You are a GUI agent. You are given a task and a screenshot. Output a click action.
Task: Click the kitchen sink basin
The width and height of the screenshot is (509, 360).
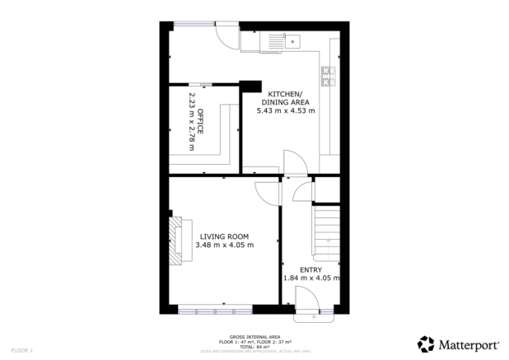click(292, 40)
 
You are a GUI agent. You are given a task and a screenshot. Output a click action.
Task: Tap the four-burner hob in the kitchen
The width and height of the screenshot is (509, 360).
click(327, 76)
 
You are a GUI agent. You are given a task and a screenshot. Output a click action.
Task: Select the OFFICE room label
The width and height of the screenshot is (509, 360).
click(199, 119)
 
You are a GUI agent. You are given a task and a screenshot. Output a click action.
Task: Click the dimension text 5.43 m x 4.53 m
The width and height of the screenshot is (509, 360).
click(286, 110)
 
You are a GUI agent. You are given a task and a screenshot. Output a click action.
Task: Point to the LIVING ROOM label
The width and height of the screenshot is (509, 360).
click(224, 236)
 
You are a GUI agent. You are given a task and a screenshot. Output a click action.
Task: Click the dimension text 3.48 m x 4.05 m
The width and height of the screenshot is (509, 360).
click(224, 245)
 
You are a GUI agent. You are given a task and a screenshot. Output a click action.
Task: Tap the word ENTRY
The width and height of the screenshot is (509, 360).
click(311, 269)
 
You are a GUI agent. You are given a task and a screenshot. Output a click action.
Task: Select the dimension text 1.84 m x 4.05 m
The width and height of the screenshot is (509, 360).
click(311, 278)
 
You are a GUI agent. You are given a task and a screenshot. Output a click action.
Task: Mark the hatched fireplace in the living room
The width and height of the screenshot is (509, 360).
click(175, 240)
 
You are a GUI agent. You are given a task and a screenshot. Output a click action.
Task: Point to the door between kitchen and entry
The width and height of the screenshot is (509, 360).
click(293, 164)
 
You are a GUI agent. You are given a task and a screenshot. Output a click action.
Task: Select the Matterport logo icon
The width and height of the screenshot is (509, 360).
click(426, 344)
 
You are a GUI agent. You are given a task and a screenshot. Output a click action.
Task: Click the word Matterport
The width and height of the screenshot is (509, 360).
click(470, 344)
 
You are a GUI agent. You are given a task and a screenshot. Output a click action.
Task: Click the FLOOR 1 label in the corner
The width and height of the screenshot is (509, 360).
click(20, 351)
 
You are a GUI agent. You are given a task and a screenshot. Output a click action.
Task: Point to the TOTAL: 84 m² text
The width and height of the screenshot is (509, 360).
click(254, 346)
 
